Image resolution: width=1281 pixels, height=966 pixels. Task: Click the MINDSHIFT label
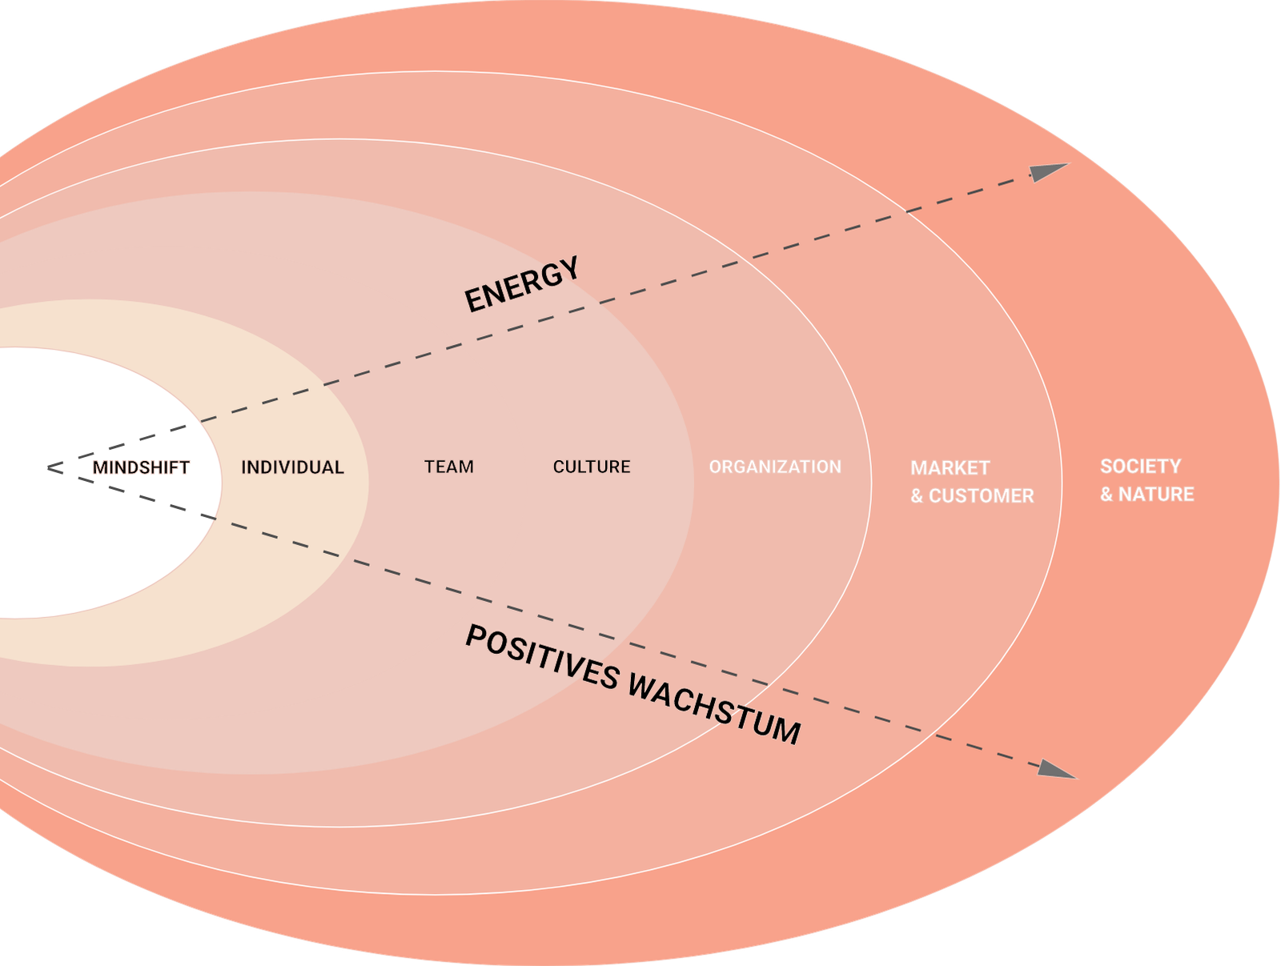pyautogui.click(x=141, y=467)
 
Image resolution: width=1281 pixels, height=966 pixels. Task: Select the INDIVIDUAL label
pyautogui.click(x=292, y=467)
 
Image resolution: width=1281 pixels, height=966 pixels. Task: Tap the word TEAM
pyautogui.click(x=448, y=467)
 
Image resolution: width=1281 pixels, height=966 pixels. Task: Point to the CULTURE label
pyautogui.click(x=592, y=467)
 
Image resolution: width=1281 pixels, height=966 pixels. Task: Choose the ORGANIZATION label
pyautogui.click(x=774, y=467)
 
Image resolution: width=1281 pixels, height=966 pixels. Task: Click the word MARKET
pyautogui.click(x=950, y=468)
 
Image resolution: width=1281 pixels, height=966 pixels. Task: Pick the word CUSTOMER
pyautogui.click(x=981, y=496)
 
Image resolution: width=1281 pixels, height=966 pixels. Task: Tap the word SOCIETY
pyautogui.click(x=1140, y=467)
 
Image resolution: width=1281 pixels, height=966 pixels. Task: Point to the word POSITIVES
pyautogui.click(x=542, y=657)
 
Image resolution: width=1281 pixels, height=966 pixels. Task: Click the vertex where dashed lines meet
pyautogui.click(x=50, y=467)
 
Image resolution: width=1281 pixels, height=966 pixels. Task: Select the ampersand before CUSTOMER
pyautogui.click(x=917, y=496)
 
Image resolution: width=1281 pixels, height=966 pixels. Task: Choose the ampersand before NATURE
pyautogui.click(x=1106, y=495)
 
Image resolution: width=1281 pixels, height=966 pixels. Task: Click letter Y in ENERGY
pyautogui.click(x=568, y=271)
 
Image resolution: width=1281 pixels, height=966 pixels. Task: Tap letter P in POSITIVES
pyautogui.click(x=476, y=638)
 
